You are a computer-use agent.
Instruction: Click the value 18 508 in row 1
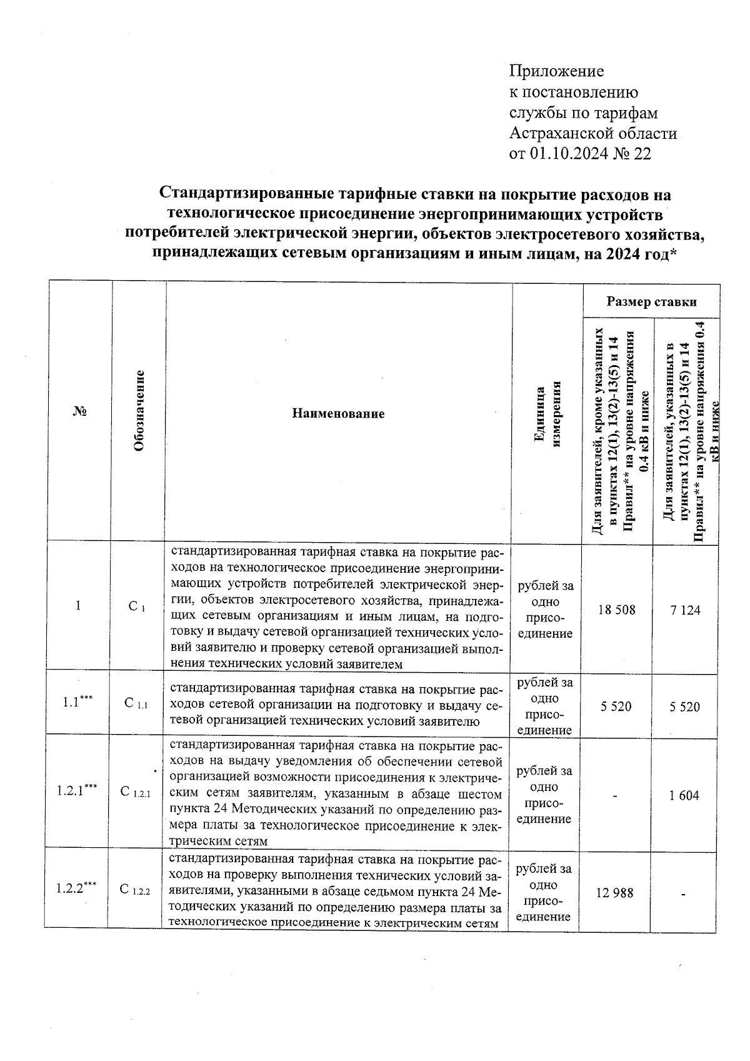[x=616, y=609]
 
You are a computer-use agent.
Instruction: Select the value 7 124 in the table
[x=686, y=610]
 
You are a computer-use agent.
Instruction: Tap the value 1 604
[x=684, y=795]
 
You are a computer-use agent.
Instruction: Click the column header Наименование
[x=338, y=413]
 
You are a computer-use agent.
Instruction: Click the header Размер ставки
[x=651, y=302]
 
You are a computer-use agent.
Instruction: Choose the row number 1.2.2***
[x=76, y=888]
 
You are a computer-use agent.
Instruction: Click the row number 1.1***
[x=77, y=701]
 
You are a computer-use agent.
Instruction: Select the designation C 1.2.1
[x=136, y=792]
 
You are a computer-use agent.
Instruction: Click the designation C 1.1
[x=136, y=704]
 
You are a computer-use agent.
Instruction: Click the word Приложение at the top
[x=557, y=71]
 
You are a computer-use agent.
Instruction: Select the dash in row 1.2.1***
[x=615, y=796]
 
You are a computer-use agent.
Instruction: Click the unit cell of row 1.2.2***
[x=543, y=893]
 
